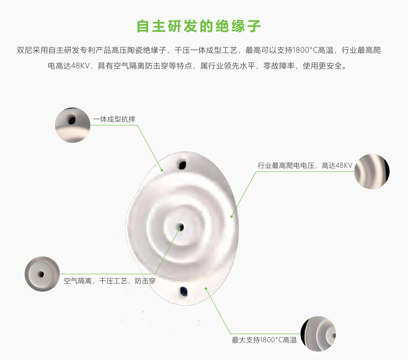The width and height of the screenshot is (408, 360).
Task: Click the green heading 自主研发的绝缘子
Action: click(x=199, y=26)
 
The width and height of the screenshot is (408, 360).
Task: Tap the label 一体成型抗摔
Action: click(x=114, y=119)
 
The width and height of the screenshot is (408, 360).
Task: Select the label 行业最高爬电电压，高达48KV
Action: click(x=305, y=165)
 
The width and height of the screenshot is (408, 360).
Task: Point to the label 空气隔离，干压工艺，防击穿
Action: click(x=109, y=281)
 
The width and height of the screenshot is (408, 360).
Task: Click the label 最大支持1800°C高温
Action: click(x=264, y=340)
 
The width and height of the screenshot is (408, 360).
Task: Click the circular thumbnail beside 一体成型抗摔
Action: click(x=72, y=125)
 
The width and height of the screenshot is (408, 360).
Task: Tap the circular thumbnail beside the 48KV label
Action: click(x=372, y=172)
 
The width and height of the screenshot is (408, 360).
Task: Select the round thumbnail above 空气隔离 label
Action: click(x=42, y=274)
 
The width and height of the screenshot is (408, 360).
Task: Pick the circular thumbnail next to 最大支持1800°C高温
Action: click(x=318, y=334)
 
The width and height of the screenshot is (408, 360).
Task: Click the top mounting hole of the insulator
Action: click(x=182, y=165)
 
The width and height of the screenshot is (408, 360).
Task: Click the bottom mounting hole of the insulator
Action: click(x=184, y=291)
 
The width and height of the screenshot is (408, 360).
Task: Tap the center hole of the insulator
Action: click(x=181, y=228)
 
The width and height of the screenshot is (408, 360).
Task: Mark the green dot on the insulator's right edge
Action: click(x=231, y=217)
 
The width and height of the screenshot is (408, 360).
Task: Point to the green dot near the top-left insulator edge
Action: click(x=162, y=170)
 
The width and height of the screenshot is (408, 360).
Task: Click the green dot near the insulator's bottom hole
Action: click(x=206, y=289)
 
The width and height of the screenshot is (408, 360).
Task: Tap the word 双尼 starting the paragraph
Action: click(x=25, y=50)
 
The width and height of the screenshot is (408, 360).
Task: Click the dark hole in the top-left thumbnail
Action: click(x=72, y=120)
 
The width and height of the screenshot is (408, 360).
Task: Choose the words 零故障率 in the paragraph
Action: click(x=279, y=66)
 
